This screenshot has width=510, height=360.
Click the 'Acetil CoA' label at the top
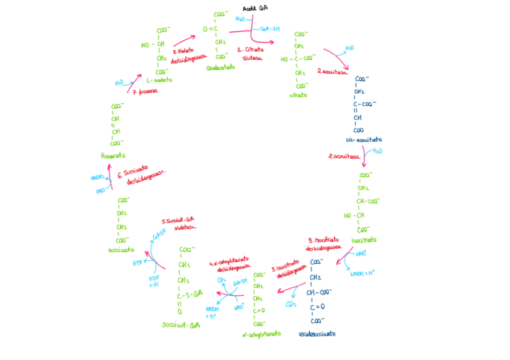254,8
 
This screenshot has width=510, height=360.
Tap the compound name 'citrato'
298,95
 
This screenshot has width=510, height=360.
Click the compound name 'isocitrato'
364,239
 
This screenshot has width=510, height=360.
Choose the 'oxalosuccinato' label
317,334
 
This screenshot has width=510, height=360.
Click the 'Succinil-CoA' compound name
180,325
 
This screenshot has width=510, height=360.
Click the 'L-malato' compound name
159,79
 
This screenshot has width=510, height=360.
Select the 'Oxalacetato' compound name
220,68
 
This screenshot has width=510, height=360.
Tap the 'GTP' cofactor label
137,263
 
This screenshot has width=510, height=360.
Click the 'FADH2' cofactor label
97,178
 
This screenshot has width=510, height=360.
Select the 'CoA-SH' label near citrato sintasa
270,28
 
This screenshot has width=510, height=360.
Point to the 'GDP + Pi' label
154,281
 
